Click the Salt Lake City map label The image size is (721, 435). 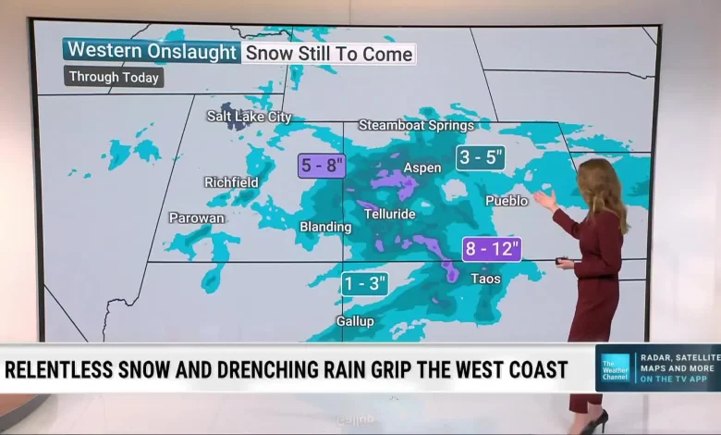click(x=249, y=117)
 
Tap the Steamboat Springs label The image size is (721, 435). click(x=416, y=125)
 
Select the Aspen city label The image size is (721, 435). click(x=422, y=168)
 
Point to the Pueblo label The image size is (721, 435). click(x=507, y=200)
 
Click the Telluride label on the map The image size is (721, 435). click(x=391, y=214)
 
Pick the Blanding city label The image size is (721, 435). click(x=325, y=227)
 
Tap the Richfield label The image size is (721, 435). click(x=231, y=182)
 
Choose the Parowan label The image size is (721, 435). click(x=196, y=217)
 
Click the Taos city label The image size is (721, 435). click(x=485, y=279)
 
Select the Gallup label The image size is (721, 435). click(x=355, y=321)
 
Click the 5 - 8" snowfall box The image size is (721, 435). click(x=322, y=167)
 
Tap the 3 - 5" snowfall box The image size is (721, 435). click(x=481, y=157)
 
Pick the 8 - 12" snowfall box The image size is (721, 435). click(x=492, y=249)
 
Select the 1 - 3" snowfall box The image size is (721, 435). click(x=364, y=283)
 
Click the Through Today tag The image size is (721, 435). click(x=114, y=78)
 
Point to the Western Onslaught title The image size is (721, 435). click(x=153, y=52)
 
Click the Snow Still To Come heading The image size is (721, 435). click(x=329, y=53)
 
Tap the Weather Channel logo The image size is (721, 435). click(x=615, y=367)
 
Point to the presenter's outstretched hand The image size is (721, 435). click(x=544, y=199)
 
